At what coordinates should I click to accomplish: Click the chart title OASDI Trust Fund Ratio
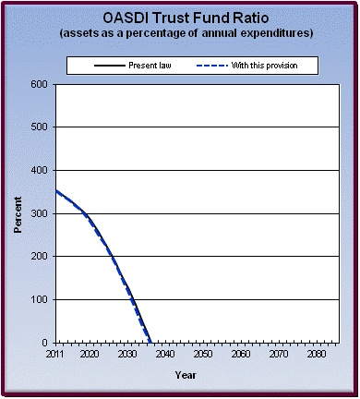click(180, 18)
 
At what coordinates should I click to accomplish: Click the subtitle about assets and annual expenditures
click(180, 33)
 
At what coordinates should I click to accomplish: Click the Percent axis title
click(18, 213)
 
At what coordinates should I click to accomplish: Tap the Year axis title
click(186, 375)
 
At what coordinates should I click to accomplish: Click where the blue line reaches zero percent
click(151, 342)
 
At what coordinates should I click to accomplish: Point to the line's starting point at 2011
click(55, 191)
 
